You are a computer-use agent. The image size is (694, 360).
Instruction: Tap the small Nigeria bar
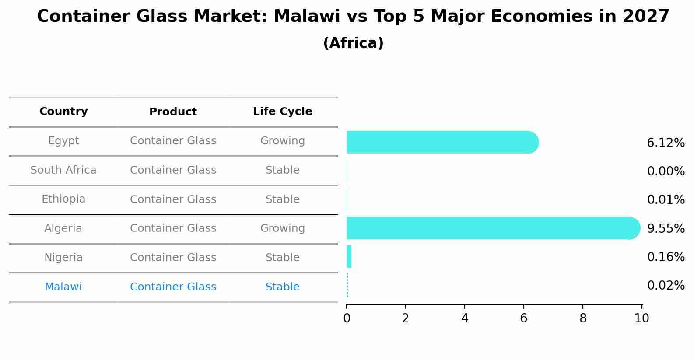tap(349, 256)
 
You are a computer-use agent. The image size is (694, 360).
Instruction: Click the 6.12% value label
tap(666, 143)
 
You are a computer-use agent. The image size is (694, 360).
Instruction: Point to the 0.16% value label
tap(666, 257)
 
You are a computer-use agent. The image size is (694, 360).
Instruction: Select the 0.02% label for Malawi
tap(666, 286)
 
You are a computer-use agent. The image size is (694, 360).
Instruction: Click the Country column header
tap(63, 112)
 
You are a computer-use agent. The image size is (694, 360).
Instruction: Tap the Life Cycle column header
tap(282, 112)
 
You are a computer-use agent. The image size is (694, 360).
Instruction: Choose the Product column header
tap(173, 112)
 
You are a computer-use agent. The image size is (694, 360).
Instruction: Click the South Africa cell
tap(63, 170)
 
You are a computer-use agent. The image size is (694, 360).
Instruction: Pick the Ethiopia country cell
tap(63, 199)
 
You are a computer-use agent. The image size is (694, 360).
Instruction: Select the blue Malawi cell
tap(63, 287)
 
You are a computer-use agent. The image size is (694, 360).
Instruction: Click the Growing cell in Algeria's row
tap(282, 228)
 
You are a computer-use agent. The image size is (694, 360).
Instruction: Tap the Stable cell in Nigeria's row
tap(282, 258)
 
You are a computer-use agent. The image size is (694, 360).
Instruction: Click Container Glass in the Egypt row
tap(173, 141)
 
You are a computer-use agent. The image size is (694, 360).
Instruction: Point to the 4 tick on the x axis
tap(465, 318)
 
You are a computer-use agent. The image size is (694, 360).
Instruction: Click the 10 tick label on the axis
tap(641, 318)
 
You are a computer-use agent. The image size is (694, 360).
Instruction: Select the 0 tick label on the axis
tap(347, 318)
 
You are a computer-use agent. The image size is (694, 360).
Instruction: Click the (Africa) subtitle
tap(353, 43)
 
